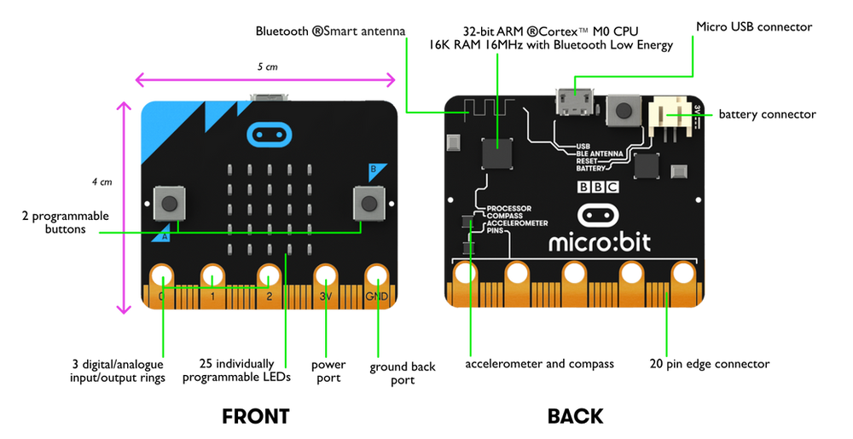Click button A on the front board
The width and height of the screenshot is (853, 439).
click(170, 202)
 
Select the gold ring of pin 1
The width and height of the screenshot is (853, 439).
click(212, 276)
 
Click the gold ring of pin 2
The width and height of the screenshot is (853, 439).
click(269, 276)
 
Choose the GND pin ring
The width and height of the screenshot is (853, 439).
click(376, 276)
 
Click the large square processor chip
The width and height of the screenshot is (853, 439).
click(497, 154)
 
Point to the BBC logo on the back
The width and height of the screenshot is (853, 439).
click(598, 188)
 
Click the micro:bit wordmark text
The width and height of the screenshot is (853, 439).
click(599, 242)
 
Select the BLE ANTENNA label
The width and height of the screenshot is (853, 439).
click(602, 153)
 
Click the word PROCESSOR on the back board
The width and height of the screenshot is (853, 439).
click(508, 208)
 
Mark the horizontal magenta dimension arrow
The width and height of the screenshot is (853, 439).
click(264, 81)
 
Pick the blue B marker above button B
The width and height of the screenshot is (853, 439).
click(372, 170)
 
